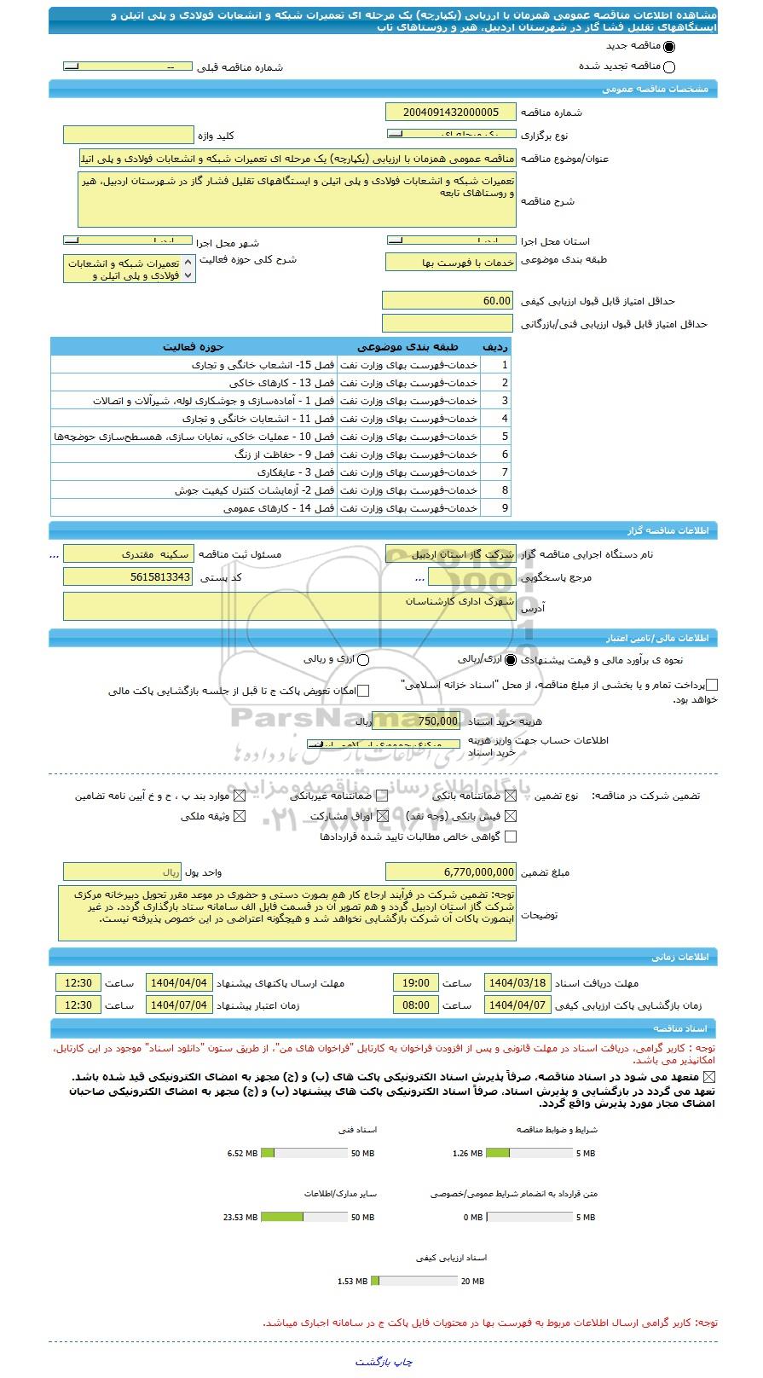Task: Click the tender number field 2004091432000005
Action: pos(451,112)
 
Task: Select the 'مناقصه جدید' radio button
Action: pos(668,47)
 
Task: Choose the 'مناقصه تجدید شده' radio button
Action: pos(668,67)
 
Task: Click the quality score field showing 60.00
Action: pos(448,301)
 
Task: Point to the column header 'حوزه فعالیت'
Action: pos(194,347)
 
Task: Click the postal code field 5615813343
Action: pos(129,577)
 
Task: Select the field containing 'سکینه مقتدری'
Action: pos(129,554)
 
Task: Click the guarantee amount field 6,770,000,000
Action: pos(451,872)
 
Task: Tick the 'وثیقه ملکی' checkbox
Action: pos(240,816)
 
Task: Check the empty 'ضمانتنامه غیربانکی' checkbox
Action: pos(381,796)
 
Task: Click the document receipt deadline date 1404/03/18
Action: pos(517,983)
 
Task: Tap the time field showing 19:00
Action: pos(416,983)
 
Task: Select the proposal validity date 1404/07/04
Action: pos(179,1005)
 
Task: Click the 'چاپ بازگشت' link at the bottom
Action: pos(384,1362)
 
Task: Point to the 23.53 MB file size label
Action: pos(240,1217)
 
